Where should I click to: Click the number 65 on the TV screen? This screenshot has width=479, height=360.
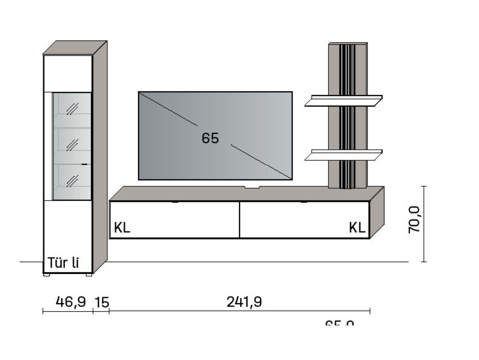[210, 138]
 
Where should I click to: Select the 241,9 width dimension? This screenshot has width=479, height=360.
[244, 302]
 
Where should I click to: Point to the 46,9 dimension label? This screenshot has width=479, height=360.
[71, 302]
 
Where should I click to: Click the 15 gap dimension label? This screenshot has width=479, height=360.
[102, 303]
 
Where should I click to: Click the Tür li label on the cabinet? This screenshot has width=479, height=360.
[63, 264]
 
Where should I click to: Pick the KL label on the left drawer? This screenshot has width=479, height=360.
[122, 227]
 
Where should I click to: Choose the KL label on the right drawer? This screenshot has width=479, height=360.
[357, 228]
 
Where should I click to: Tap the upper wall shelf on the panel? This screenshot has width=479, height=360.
[344, 100]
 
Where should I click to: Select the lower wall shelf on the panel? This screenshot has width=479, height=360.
[344, 155]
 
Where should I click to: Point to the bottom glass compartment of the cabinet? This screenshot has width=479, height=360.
[72, 180]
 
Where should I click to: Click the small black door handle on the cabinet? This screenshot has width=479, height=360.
[85, 165]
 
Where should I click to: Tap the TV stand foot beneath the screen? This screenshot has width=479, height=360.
[252, 185]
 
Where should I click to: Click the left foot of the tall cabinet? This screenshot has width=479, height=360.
[46, 275]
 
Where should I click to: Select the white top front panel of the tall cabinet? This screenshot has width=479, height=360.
[67, 73]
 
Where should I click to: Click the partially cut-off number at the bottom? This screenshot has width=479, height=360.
[340, 322]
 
